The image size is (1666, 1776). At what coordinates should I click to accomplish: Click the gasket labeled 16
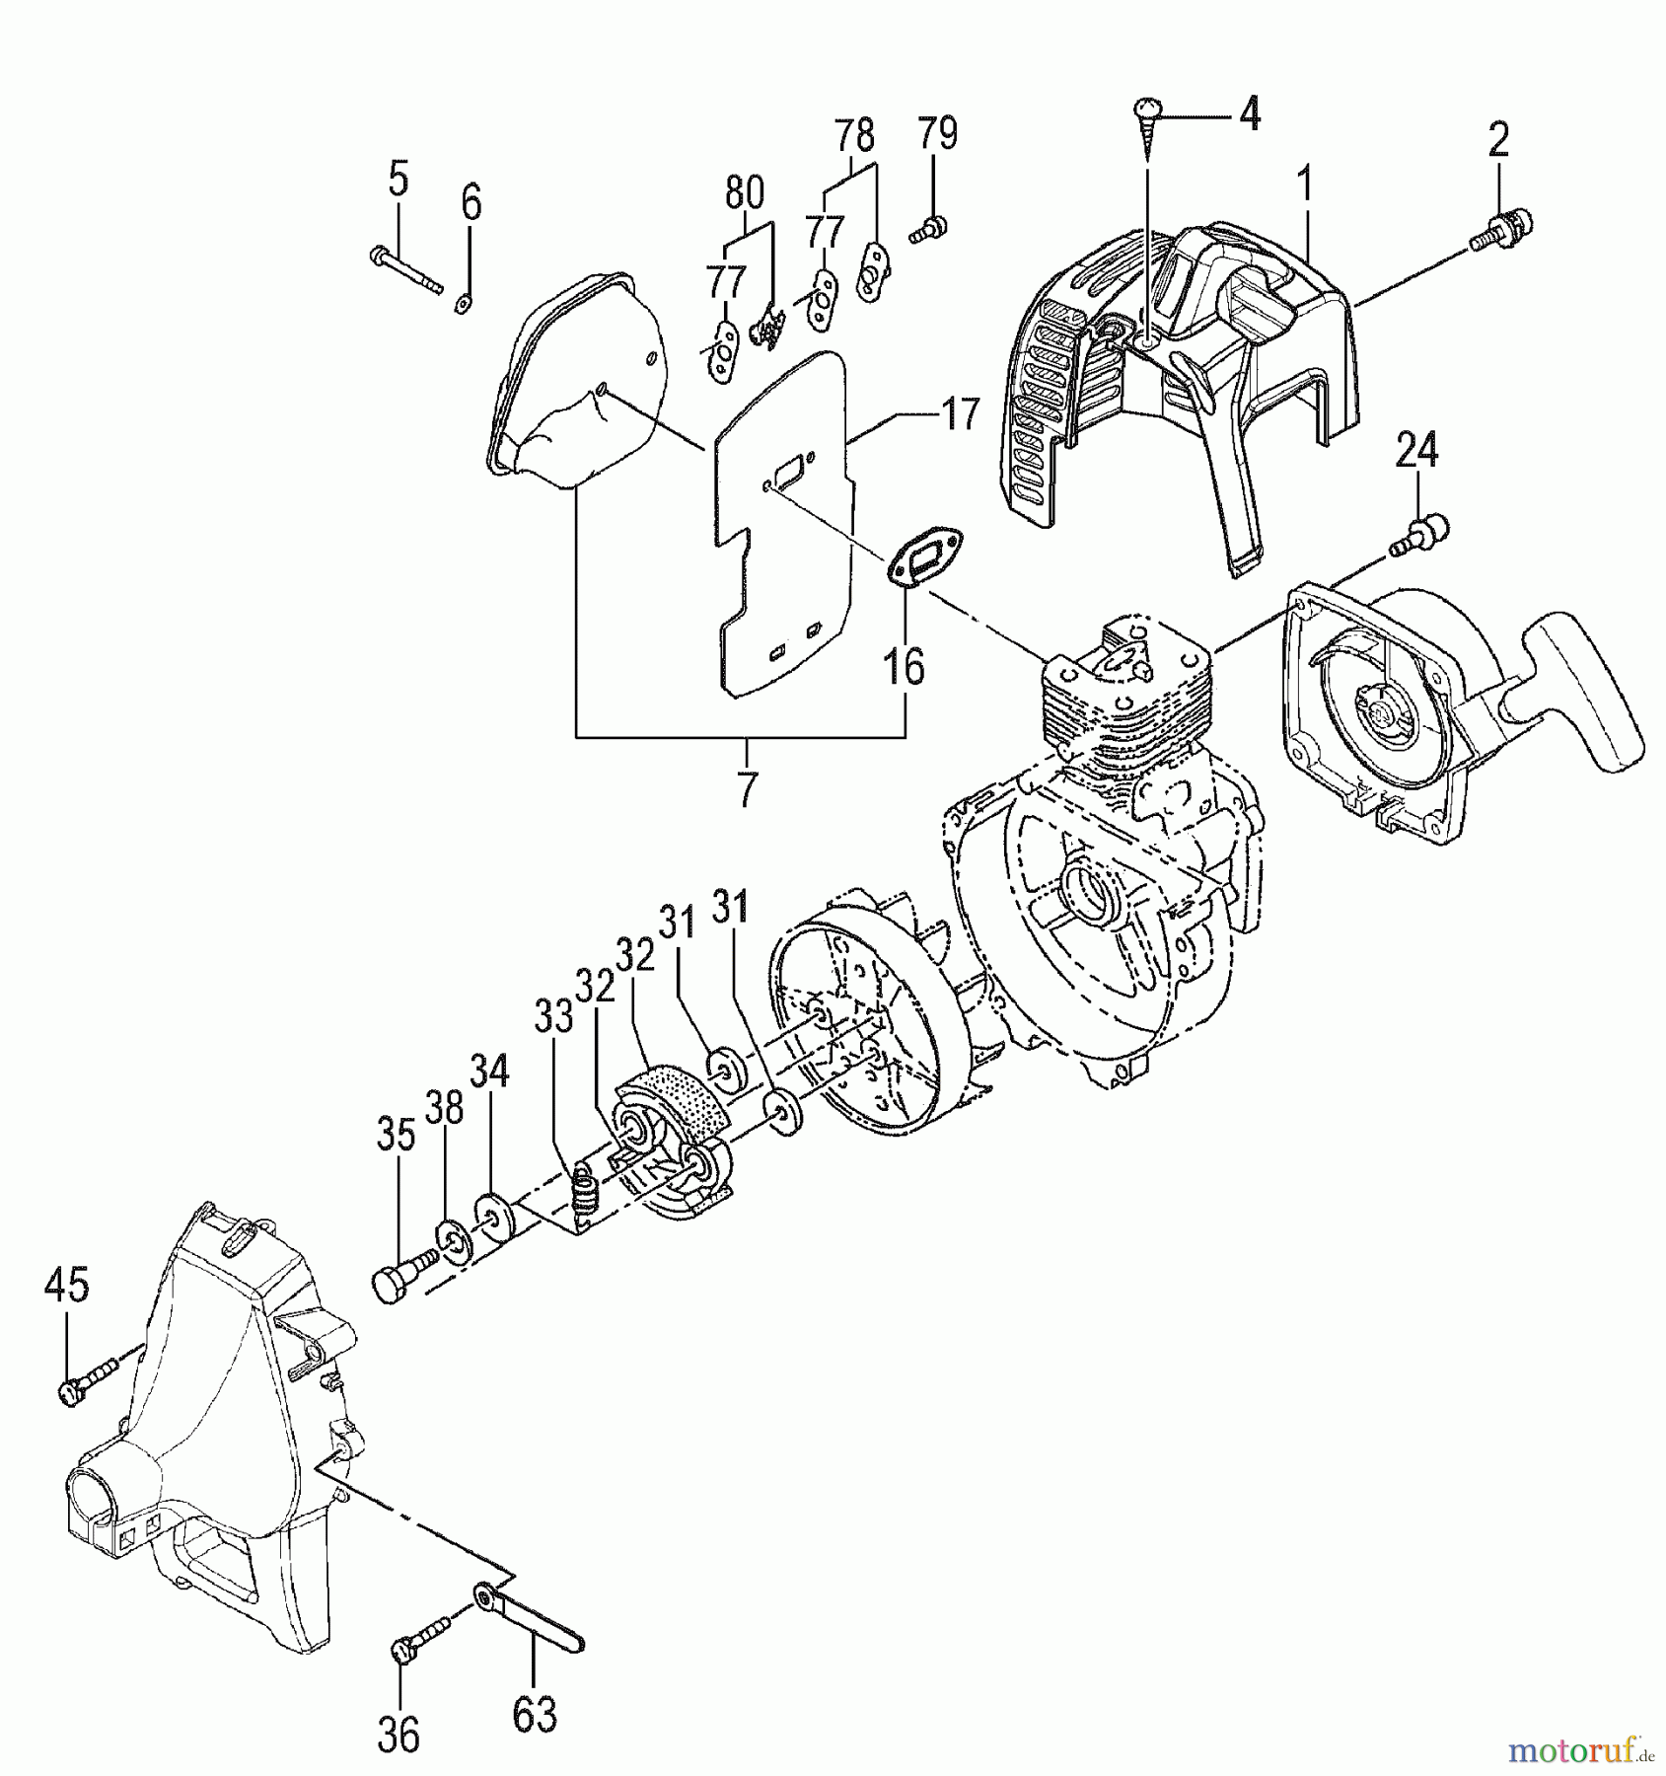925,558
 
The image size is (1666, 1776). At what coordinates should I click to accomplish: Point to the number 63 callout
536,1713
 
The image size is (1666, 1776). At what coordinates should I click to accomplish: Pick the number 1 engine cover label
1304,185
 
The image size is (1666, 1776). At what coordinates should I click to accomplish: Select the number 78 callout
854,132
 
